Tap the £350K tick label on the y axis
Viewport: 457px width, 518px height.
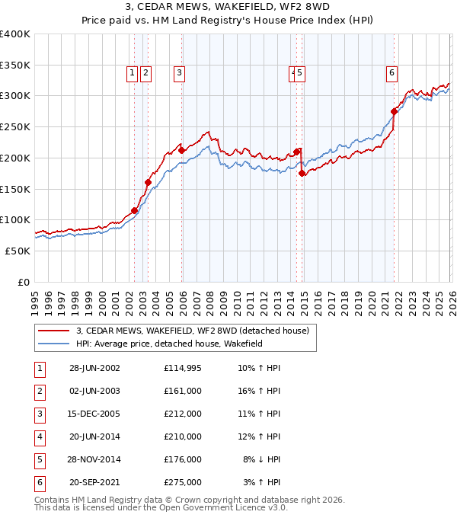(15, 65)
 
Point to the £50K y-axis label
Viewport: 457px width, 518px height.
(18, 251)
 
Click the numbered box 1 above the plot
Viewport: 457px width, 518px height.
(132, 73)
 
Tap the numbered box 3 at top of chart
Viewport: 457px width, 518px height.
(179, 73)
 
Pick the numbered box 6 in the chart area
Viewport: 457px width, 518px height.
(391, 73)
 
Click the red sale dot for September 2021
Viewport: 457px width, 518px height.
(394, 111)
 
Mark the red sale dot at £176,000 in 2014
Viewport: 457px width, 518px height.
(302, 173)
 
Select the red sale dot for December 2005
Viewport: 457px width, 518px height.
(182, 151)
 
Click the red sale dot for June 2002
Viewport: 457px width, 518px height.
(135, 210)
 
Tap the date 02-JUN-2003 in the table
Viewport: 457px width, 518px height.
(94, 391)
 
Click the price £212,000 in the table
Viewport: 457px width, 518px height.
(182, 414)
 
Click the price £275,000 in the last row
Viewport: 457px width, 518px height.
(182, 482)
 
